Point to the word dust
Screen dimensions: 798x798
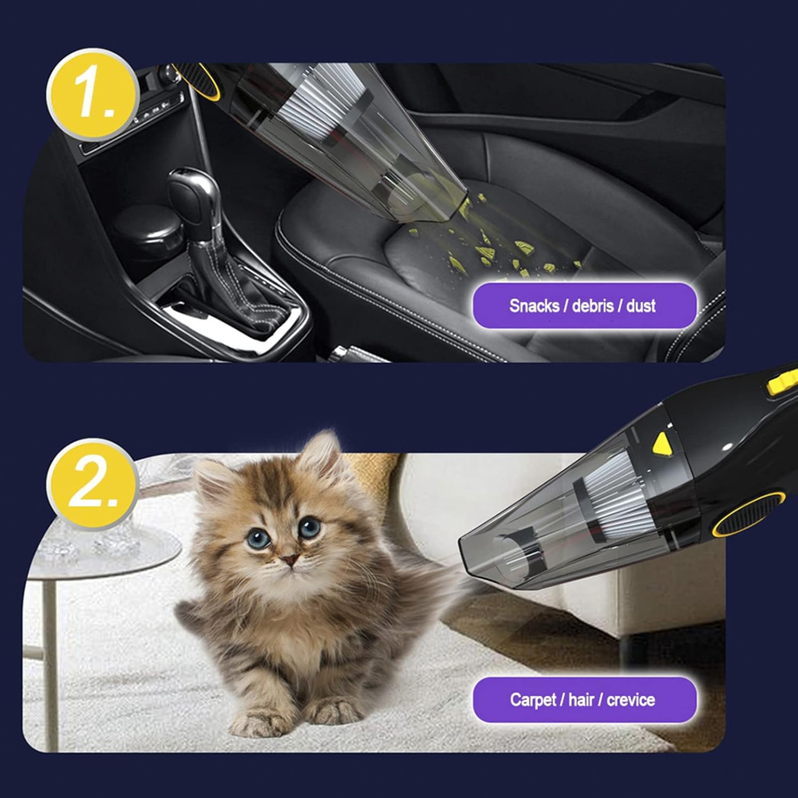point(641,306)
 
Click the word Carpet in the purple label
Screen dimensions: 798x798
point(533,700)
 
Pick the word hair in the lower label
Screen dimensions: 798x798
point(581,700)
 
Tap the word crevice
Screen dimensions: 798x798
point(630,700)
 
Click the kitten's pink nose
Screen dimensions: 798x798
point(289,560)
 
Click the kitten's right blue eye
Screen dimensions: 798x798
point(309,528)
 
